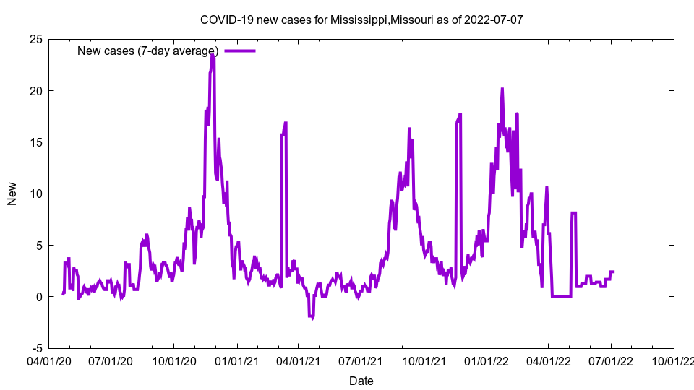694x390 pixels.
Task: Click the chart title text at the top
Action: (x=361, y=19)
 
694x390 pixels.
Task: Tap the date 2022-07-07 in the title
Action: (x=494, y=19)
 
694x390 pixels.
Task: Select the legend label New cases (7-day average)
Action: (x=147, y=51)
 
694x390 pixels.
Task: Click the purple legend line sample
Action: (x=240, y=51)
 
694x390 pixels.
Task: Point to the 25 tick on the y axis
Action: (x=35, y=39)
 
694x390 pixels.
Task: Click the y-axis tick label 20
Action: (x=35, y=91)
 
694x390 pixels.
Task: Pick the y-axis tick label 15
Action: (x=35, y=142)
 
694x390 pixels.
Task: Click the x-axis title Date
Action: (x=361, y=381)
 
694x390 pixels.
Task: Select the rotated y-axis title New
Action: (x=12, y=194)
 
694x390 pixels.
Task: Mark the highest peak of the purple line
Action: (x=213, y=54)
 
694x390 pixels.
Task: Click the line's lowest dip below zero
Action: (x=312, y=317)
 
